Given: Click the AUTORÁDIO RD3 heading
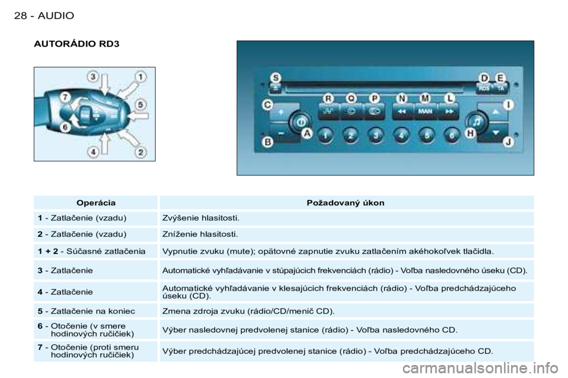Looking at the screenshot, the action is (76, 44).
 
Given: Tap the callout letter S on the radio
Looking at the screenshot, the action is (276, 78).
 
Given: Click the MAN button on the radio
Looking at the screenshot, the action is (425, 112).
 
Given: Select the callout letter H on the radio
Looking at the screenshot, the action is (470, 133).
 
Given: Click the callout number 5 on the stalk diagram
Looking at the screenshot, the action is (141, 105).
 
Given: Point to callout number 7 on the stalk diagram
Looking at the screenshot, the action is (65, 97).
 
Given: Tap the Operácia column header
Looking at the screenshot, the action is (96, 203).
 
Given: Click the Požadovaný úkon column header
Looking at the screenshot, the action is (346, 203).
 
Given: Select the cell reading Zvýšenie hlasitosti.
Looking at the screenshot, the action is (201, 218).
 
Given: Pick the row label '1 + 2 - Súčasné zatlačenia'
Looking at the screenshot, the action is (92, 251).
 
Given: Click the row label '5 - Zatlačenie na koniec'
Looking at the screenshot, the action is (86, 311).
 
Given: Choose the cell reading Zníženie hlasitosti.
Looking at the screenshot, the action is (200, 234).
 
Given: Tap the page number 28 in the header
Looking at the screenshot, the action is (20, 15).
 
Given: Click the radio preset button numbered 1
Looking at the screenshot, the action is (325, 136).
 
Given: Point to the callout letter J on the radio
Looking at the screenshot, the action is (508, 142).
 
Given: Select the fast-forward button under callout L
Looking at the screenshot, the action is (448, 112).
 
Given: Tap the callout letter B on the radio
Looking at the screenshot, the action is (267, 142).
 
